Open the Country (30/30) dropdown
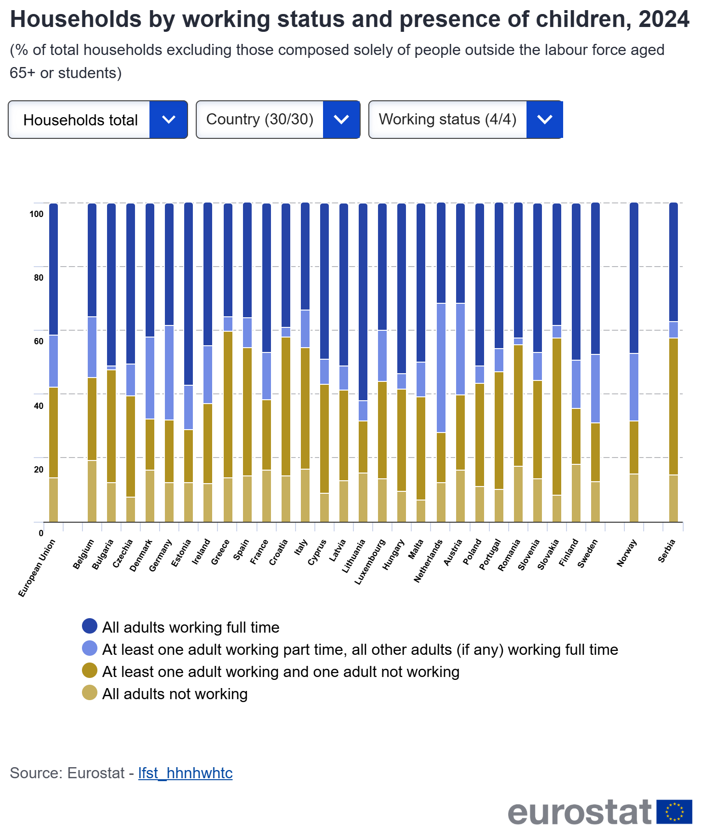(x=278, y=120)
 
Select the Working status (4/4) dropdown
(x=465, y=120)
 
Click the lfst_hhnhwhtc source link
(x=185, y=773)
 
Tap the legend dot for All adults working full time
(x=90, y=626)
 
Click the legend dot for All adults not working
(x=90, y=693)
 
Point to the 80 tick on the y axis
(x=39, y=278)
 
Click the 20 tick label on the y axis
(x=39, y=470)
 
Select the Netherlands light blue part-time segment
(x=441, y=367)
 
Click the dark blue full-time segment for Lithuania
(x=363, y=301)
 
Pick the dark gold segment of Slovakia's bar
(x=557, y=416)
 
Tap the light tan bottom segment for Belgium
(x=92, y=491)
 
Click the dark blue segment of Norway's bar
(x=634, y=278)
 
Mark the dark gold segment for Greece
(x=228, y=404)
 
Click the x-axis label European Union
(x=37, y=568)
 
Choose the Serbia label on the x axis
(x=667, y=551)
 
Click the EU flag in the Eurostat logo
(x=675, y=812)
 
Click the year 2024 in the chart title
(x=664, y=19)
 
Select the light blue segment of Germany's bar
(x=169, y=372)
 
